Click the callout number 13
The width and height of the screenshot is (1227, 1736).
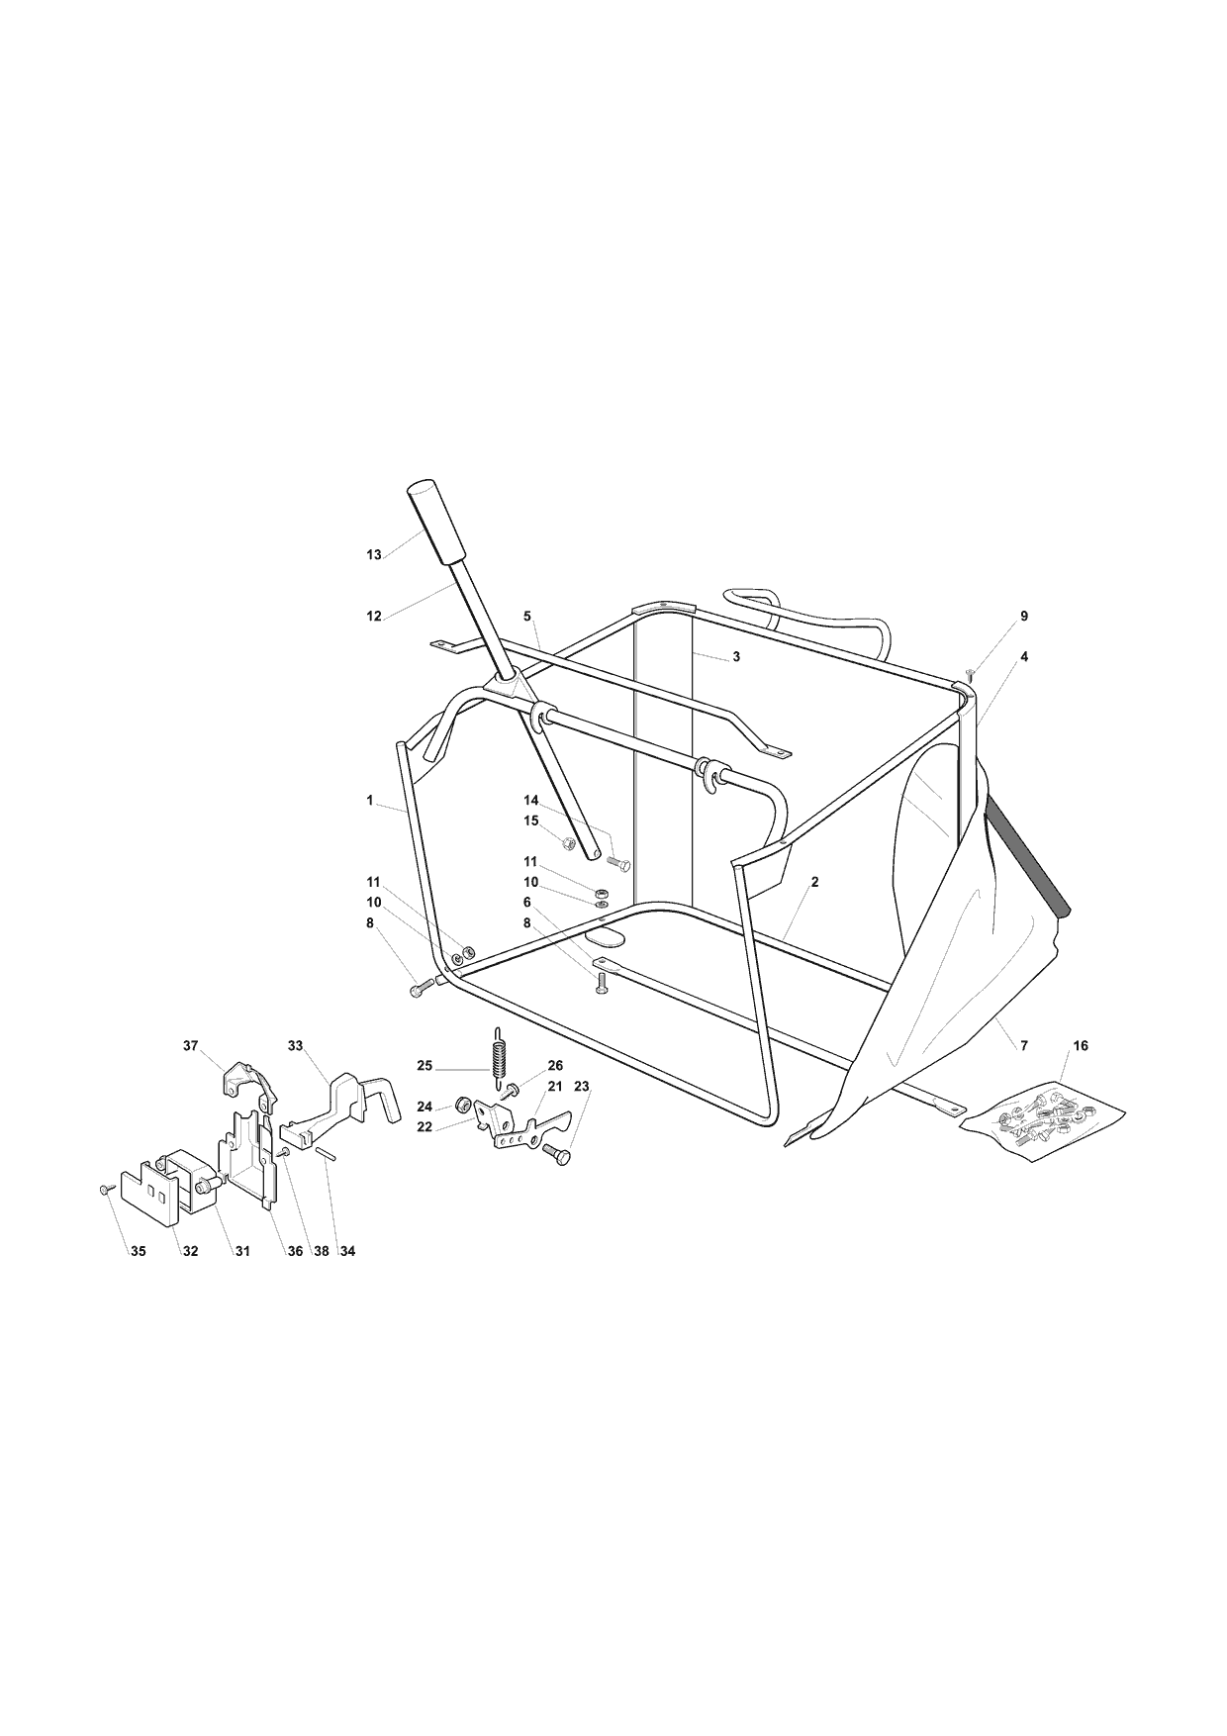click(374, 555)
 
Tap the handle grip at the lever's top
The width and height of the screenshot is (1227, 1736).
click(432, 521)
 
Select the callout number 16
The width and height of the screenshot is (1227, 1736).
click(1081, 1045)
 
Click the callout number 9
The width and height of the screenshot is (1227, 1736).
click(1024, 616)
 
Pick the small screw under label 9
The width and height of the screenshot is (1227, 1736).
click(970, 674)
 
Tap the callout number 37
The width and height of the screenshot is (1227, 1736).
click(191, 1045)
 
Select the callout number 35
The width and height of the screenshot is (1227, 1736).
click(139, 1251)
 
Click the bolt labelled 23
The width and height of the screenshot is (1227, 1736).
click(557, 1154)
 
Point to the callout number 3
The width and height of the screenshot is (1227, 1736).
click(736, 656)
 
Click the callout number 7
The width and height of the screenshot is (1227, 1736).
click(1024, 1045)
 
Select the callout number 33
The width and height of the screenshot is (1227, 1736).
click(296, 1045)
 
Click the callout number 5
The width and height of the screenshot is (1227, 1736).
click(527, 616)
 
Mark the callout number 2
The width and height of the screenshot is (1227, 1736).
click(814, 881)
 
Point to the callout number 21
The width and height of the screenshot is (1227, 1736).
click(555, 1086)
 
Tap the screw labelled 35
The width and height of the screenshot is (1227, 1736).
click(104, 1189)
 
